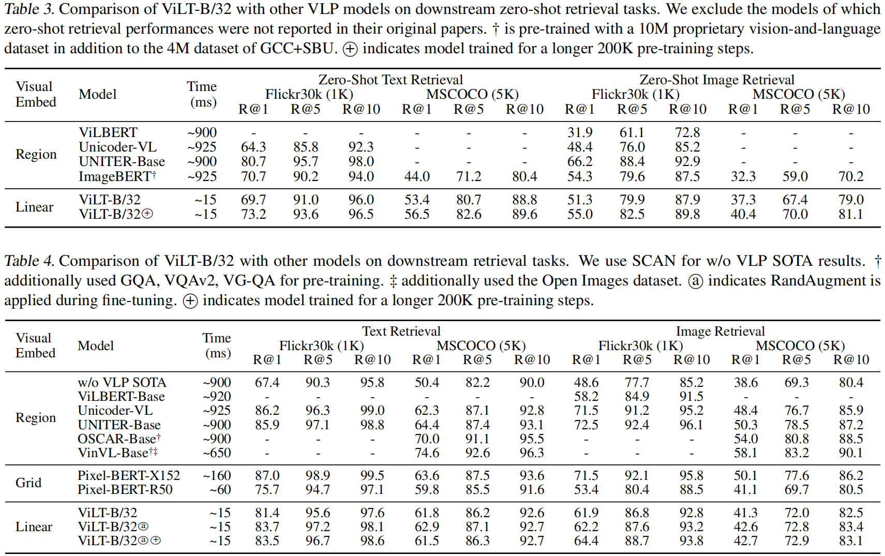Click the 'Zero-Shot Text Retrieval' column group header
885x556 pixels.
point(391,80)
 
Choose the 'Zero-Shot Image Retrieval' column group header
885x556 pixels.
point(716,80)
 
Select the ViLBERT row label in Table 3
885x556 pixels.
point(108,132)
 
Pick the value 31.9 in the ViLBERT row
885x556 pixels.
point(580,132)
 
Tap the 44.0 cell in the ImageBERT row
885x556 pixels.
point(417,176)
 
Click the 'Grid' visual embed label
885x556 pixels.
point(28,483)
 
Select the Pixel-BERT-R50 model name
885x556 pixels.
point(125,489)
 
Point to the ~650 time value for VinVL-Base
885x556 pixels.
point(217,453)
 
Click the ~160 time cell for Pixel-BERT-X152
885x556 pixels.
point(217,475)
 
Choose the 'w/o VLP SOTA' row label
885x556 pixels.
point(122,382)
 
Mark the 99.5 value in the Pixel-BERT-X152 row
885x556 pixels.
point(372,475)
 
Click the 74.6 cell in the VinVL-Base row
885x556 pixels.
point(427,453)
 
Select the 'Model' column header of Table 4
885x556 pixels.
point(96,345)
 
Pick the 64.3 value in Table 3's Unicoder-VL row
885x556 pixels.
point(253,147)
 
